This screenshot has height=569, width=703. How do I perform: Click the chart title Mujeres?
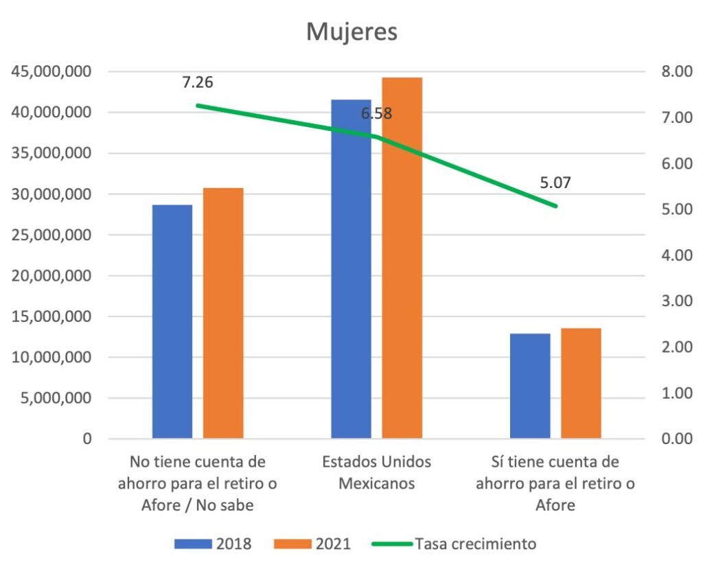[x=351, y=32]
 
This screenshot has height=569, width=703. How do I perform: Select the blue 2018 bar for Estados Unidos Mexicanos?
[x=351, y=268]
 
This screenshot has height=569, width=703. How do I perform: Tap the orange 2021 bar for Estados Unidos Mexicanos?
[x=402, y=257]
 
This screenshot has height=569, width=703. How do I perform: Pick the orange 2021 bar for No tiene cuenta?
[x=223, y=312]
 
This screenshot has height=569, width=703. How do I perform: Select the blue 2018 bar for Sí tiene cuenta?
[x=530, y=386]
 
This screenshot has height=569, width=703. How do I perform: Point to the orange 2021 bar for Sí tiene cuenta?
[x=581, y=383]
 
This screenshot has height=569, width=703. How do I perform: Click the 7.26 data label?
[x=198, y=83]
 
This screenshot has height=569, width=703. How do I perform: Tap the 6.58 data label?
[x=377, y=114]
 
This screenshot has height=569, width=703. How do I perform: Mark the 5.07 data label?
[x=555, y=183]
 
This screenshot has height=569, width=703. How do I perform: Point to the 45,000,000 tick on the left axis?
[x=52, y=71]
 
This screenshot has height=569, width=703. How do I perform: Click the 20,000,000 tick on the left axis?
[x=52, y=276]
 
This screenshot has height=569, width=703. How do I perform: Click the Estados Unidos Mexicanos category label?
[x=377, y=472]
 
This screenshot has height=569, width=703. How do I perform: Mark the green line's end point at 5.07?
[x=555, y=206]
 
